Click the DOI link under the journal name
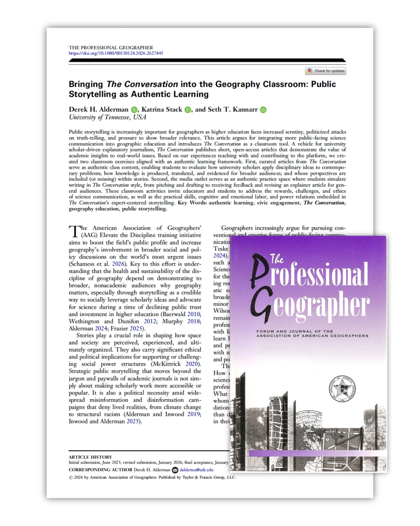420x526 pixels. click(116, 53)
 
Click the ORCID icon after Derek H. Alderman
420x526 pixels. click(134, 110)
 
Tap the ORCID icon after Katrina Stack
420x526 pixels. click(188, 110)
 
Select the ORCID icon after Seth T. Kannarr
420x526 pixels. click(263, 110)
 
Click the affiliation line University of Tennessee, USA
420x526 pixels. click(107, 117)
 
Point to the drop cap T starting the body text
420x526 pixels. click(75, 231)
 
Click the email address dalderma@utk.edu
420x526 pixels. click(196, 470)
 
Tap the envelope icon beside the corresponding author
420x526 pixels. click(175, 470)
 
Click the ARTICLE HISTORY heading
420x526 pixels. click(90, 457)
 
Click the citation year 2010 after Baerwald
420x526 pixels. click(194, 314)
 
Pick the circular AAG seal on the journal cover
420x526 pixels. click(342, 388)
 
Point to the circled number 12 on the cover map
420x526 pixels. click(335, 436)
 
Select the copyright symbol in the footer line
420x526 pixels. click(71, 478)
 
